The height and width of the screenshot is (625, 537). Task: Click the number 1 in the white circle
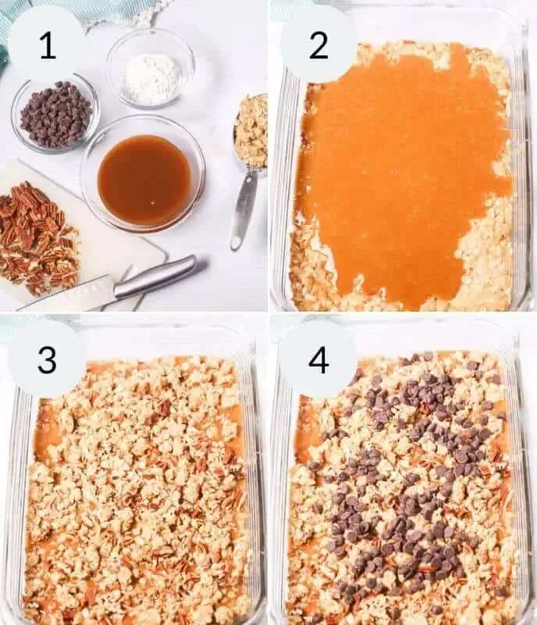[47, 45]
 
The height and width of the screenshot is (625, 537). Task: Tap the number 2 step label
[318, 45]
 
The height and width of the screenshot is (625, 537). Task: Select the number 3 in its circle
[47, 359]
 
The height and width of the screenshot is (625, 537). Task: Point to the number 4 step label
[318, 359]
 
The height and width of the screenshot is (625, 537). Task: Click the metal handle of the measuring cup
[244, 206]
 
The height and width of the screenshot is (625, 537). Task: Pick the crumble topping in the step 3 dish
[133, 484]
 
